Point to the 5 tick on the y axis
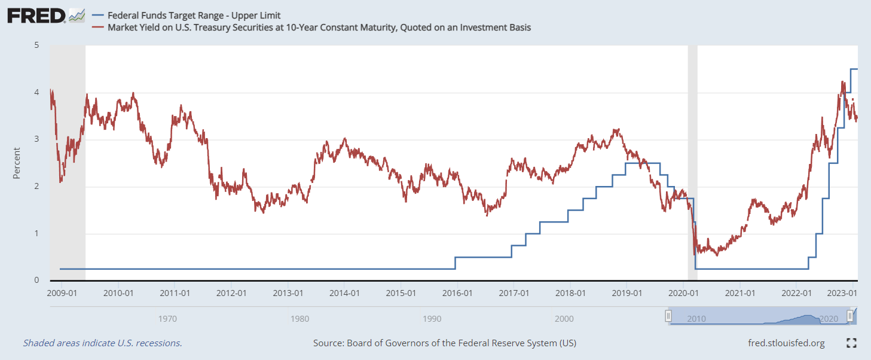point(36,45)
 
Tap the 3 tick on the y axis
point(36,139)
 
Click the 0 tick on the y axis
point(36,280)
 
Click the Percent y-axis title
point(17,163)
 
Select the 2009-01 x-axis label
point(62,293)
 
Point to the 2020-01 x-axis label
point(683,293)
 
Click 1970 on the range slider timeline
point(167,319)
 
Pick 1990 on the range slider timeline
point(432,319)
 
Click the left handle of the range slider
point(669,316)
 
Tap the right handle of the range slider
point(849,316)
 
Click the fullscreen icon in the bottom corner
point(852,343)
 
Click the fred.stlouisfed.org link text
point(786,343)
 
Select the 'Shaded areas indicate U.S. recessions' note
point(102,343)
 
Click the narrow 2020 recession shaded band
point(692,161)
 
